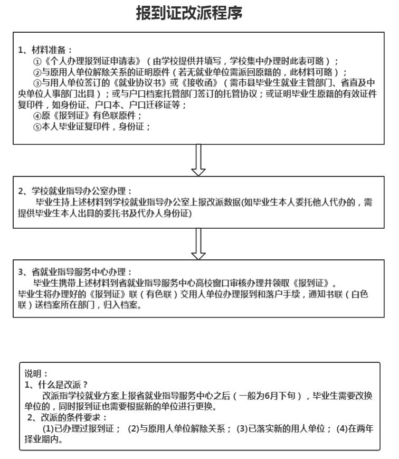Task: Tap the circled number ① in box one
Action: click(x=37, y=61)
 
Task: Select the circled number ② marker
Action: click(x=37, y=72)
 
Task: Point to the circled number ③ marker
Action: click(x=37, y=83)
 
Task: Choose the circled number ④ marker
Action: click(x=37, y=116)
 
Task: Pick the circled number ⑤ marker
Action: click(x=37, y=127)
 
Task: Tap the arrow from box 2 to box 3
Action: click(x=198, y=243)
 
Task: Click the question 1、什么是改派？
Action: click(x=56, y=385)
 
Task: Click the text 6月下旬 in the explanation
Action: click(x=285, y=396)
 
